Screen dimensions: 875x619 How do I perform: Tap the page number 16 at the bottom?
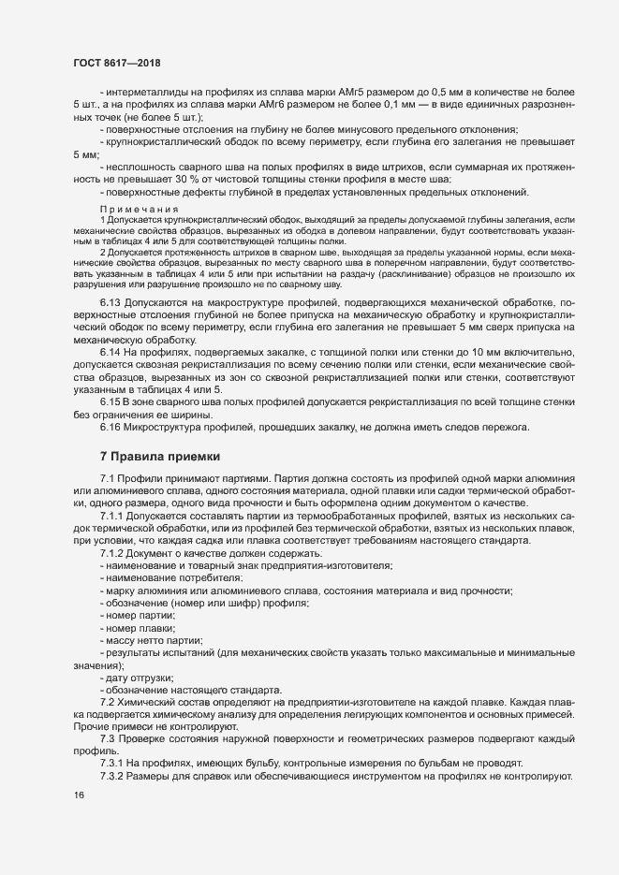[79, 795]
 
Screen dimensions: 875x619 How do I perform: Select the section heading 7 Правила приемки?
[160, 457]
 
